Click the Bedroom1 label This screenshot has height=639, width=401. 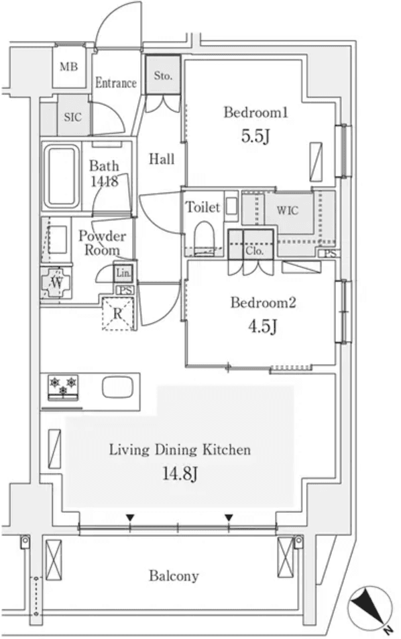point(255,113)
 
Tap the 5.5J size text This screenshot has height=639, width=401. point(255,137)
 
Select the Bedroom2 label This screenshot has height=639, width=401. point(263,303)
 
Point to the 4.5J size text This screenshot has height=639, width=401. point(263,327)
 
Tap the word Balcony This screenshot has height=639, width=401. point(174,576)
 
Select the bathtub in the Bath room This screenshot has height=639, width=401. point(60,176)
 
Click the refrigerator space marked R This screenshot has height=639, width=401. point(118,313)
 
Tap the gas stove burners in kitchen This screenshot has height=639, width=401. point(62,387)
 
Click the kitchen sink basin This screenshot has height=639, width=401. point(119,388)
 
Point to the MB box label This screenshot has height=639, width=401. point(68,66)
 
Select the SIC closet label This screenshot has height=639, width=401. point(72,117)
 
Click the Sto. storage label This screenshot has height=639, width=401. point(163,76)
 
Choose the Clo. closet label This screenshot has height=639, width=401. point(254,251)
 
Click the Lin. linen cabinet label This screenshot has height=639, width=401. point(123,273)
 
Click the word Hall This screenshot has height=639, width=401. point(162,159)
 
